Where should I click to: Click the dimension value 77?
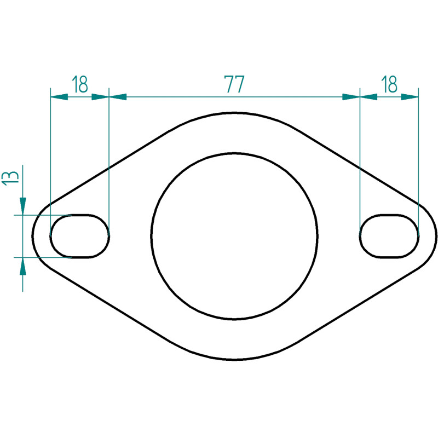[x=234, y=84]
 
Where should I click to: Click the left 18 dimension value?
[x=79, y=84]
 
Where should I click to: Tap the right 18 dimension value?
[x=389, y=84]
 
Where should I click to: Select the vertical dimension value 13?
[x=10, y=177]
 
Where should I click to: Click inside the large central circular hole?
[x=234, y=236]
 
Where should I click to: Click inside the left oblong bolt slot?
[x=79, y=236]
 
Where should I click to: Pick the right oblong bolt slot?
[x=389, y=236]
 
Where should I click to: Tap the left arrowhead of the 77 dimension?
[x=118, y=97]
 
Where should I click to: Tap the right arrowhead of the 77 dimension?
[x=351, y=97]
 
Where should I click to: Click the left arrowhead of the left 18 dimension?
[x=59, y=97]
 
